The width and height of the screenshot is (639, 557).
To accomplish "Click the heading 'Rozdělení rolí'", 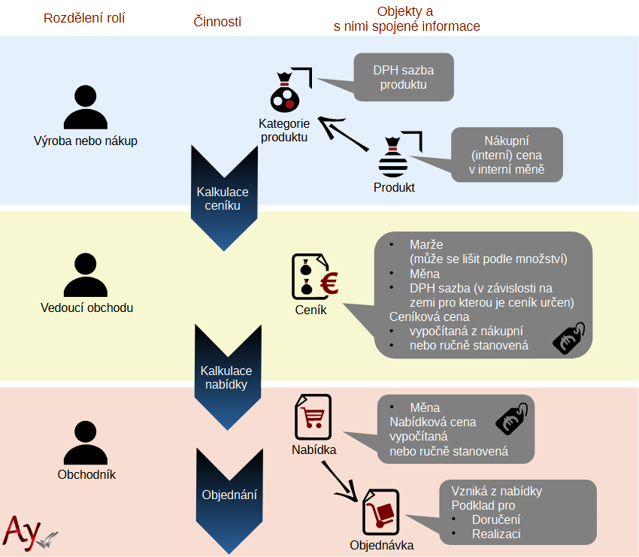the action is point(84,18).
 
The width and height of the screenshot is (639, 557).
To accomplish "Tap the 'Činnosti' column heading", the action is point(217,21).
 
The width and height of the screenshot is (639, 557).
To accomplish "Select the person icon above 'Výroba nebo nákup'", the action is point(86,107).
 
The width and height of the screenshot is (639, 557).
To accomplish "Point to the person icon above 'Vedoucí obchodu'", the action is point(86,274).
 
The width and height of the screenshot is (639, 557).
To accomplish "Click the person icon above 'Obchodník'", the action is point(86,443).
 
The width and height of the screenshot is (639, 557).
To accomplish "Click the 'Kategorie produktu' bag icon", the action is point(285,92).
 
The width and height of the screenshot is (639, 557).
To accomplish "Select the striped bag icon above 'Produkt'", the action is point(393,157).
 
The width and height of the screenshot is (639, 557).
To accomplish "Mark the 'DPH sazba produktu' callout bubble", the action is point(404,77).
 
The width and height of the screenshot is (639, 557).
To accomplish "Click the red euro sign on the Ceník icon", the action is point(329,283).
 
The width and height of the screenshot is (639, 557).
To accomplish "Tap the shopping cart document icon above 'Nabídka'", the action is point(313,417).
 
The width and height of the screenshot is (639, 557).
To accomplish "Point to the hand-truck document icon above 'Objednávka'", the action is point(380,512).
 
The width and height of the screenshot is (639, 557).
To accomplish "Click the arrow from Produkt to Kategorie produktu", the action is point(343,134).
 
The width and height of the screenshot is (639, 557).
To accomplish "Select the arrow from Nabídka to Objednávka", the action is point(340,482).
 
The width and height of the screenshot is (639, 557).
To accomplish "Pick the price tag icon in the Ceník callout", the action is point(568,338).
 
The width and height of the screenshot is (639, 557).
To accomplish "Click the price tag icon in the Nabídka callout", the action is point(511,419).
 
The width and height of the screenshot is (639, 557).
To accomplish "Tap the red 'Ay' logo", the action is point(23,532).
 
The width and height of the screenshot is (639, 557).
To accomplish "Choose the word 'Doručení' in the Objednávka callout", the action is point(496,519).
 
